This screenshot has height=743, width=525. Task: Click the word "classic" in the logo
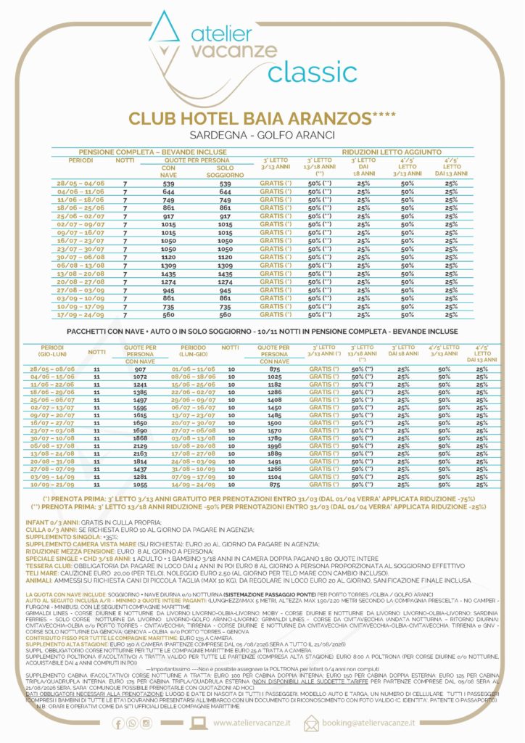point(312,71)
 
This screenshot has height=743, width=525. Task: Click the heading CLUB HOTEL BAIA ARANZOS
point(261,119)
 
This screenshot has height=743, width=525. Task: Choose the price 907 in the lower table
point(140,369)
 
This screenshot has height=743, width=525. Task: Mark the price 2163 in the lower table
point(140,453)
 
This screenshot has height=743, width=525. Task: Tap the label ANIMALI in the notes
point(37,580)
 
